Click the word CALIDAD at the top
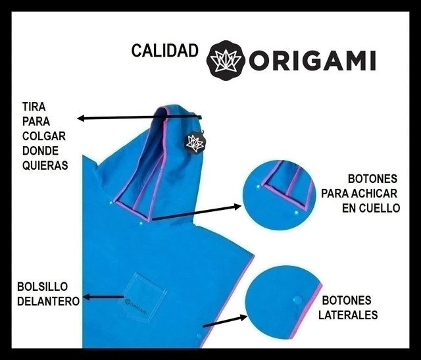click(x=164, y=51)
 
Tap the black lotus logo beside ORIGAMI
click(x=226, y=59)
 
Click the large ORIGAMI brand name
click(x=312, y=60)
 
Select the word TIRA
click(x=34, y=106)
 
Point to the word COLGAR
click(x=44, y=136)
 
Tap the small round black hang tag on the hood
click(x=194, y=142)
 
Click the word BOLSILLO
click(x=43, y=287)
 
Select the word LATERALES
click(x=348, y=315)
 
